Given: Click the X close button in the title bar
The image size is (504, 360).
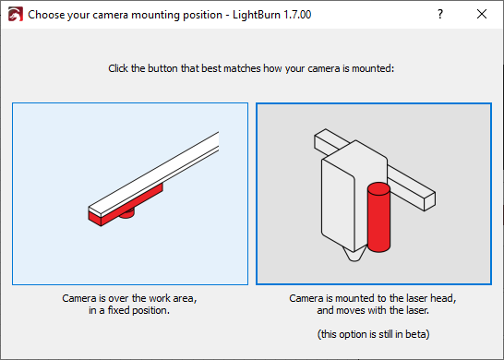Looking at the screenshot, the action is pyautogui.click(x=482, y=14).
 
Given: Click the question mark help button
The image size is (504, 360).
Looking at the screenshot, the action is pyautogui.click(x=440, y=14).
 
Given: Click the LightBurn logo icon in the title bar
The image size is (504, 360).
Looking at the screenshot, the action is pyautogui.click(x=16, y=14).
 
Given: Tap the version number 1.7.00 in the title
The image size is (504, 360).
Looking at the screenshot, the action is pyautogui.click(x=297, y=15).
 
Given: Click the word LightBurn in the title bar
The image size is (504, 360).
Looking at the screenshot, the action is pyautogui.click(x=257, y=15).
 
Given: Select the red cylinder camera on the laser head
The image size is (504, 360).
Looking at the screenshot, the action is pyautogui.click(x=379, y=217).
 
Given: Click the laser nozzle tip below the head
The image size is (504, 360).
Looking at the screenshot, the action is pyautogui.click(x=354, y=256).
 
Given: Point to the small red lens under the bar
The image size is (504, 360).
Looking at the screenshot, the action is pyautogui.click(x=126, y=214).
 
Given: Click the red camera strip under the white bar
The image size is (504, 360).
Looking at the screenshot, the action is pyautogui.click(x=126, y=205).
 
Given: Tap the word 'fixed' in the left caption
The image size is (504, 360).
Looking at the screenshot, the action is pyautogui.click(x=118, y=310).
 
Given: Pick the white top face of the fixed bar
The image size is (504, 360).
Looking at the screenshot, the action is pyautogui.click(x=153, y=174).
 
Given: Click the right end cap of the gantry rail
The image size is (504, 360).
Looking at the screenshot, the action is pyautogui.click(x=430, y=201).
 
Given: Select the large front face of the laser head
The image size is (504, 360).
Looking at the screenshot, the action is pyautogui.click(x=338, y=206).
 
